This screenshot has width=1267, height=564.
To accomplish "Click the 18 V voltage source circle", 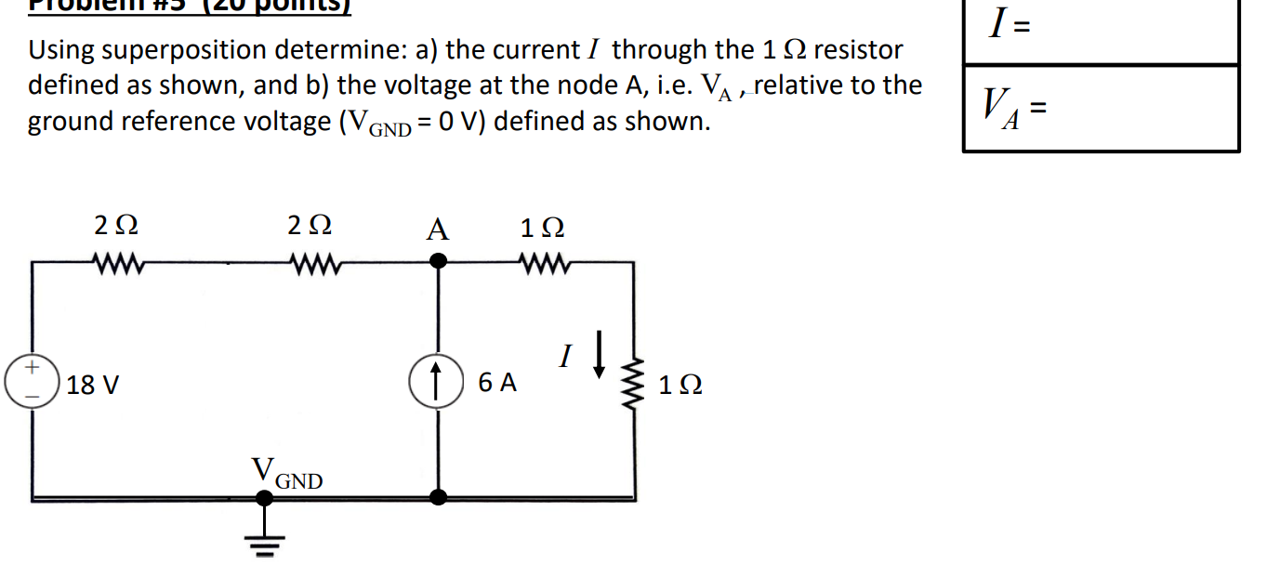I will [x=33, y=383].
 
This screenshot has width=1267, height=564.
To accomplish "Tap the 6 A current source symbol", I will [x=436, y=383].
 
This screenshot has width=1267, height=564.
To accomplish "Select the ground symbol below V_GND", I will [x=265, y=541].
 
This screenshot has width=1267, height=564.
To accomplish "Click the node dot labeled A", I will [x=437, y=263].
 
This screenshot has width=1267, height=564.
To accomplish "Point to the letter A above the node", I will [x=437, y=229].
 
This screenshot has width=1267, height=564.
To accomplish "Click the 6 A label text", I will [x=497, y=383].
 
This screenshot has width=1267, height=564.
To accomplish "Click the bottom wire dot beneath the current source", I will [x=437, y=498].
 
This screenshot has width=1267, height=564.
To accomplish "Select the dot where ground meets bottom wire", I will [x=265, y=498].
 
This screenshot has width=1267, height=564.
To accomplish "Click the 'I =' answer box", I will [x=1101, y=32].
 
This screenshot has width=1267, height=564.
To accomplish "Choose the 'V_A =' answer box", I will [x=1101, y=109].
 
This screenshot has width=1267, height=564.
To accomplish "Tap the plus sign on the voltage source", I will [x=33, y=369].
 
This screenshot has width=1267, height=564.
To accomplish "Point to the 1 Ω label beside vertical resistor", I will [x=680, y=385].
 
